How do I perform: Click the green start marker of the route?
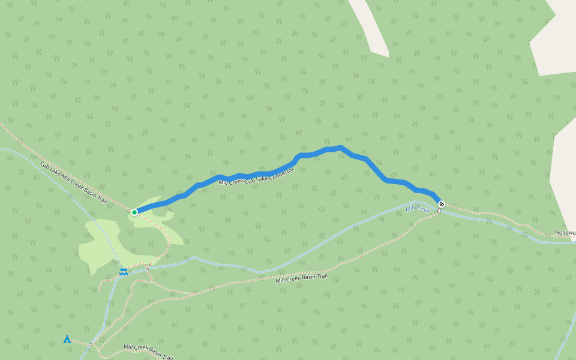[134, 212]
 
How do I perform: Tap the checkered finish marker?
[442, 203]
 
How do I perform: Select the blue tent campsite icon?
[67, 340]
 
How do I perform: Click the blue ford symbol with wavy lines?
[123, 272]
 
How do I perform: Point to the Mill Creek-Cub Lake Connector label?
[256, 177]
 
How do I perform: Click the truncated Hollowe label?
[565, 232]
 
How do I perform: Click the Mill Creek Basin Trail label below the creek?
[302, 277]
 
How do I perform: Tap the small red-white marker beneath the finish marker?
[439, 211]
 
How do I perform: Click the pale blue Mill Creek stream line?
[336, 234]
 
